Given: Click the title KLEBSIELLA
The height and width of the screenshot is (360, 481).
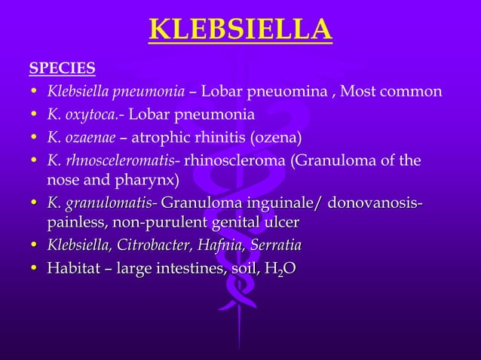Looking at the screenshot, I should point(240,30).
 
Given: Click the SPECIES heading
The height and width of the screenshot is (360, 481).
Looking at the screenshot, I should point(62,69).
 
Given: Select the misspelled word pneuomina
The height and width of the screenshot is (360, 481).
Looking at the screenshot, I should point(294,93).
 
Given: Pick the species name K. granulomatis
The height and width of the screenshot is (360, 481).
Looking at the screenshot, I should point(100,203).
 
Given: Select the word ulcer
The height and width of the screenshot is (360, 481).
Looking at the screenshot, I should point(280,223).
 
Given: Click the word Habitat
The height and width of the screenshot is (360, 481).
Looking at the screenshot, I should point(74,268).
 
